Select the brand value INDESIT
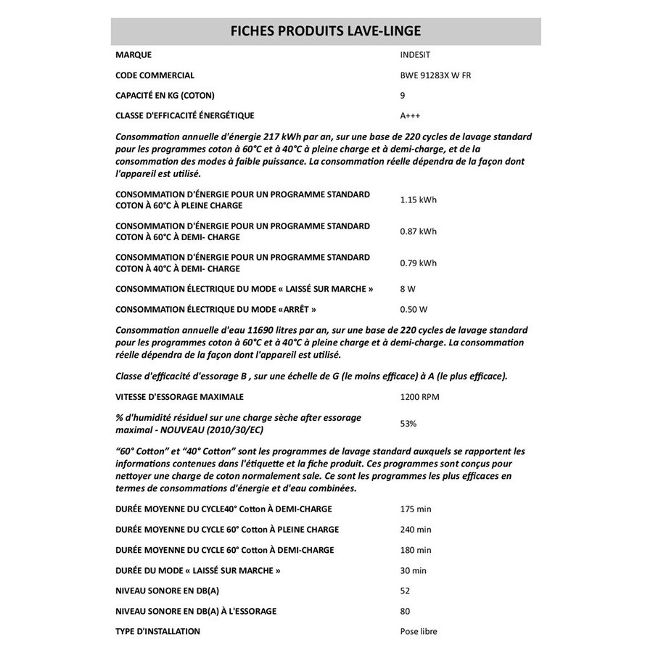click(x=415, y=54)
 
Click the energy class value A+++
click(x=410, y=115)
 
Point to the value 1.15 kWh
click(x=419, y=200)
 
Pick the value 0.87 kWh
click(x=419, y=231)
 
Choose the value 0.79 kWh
click(x=419, y=263)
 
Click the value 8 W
click(x=408, y=289)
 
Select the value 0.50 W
click(x=414, y=309)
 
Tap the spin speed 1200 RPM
click(x=419, y=397)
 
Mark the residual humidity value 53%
click(x=408, y=423)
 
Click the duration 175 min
click(x=416, y=509)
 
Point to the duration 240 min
click(x=416, y=530)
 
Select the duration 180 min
click(x=416, y=550)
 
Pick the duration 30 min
click(x=414, y=570)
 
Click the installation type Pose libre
click(x=419, y=631)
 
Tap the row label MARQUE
click(x=134, y=54)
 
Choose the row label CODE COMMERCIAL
click(x=155, y=75)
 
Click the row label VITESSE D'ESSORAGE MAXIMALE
click(x=179, y=397)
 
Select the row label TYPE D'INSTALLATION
click(x=157, y=631)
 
